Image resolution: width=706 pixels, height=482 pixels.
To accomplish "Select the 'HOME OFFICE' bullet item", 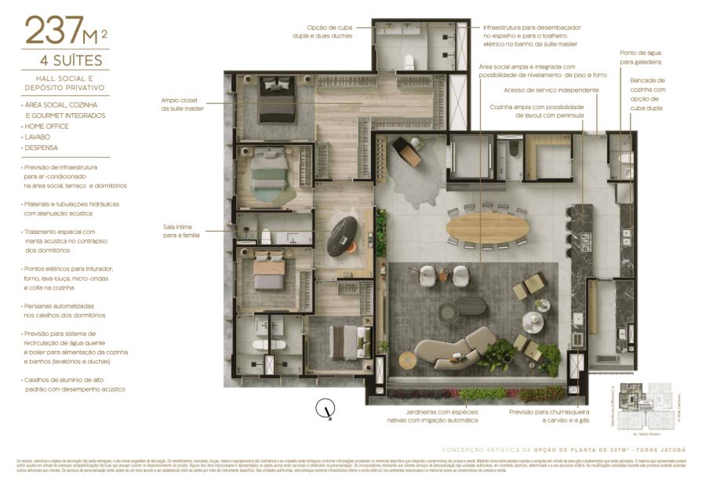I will coord(47,126).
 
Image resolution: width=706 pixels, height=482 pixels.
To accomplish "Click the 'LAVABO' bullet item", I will coord(39,137).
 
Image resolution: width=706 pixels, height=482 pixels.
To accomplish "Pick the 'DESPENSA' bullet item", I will coord(42,148).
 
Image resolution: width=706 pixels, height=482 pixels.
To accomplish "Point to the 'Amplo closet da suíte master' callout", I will coord(183,104).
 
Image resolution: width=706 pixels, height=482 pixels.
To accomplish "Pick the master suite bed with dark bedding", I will coord(276,100).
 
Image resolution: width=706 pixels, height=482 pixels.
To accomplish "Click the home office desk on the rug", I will coord(408,151).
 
